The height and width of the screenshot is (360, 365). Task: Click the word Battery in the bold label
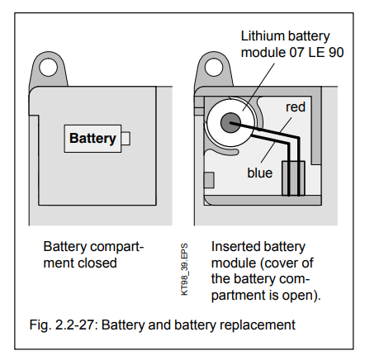pyautogui.click(x=92, y=138)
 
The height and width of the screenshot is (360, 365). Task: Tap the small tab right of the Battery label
pyautogui.click(x=126, y=139)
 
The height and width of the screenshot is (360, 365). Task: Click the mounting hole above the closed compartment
pyautogui.click(x=49, y=68)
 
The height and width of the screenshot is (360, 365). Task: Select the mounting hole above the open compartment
pyautogui.click(x=214, y=68)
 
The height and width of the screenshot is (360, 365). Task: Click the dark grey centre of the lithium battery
pyautogui.click(x=230, y=123)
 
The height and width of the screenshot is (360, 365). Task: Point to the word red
pyautogui.click(x=296, y=107)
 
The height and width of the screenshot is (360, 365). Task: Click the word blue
pyautogui.click(x=260, y=173)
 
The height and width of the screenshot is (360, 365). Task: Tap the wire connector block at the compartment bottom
pyautogui.click(x=293, y=178)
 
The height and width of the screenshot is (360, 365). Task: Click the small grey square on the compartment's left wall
pyautogui.click(x=209, y=180)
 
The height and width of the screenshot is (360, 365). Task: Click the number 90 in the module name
pyautogui.click(x=336, y=52)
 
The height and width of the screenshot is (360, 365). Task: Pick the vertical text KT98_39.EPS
pyautogui.click(x=185, y=269)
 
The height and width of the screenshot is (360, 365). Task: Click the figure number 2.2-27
pyautogui.click(x=76, y=324)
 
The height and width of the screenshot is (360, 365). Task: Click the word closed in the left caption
pyautogui.click(x=97, y=263)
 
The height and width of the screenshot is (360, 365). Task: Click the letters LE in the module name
pyautogui.click(x=316, y=52)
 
